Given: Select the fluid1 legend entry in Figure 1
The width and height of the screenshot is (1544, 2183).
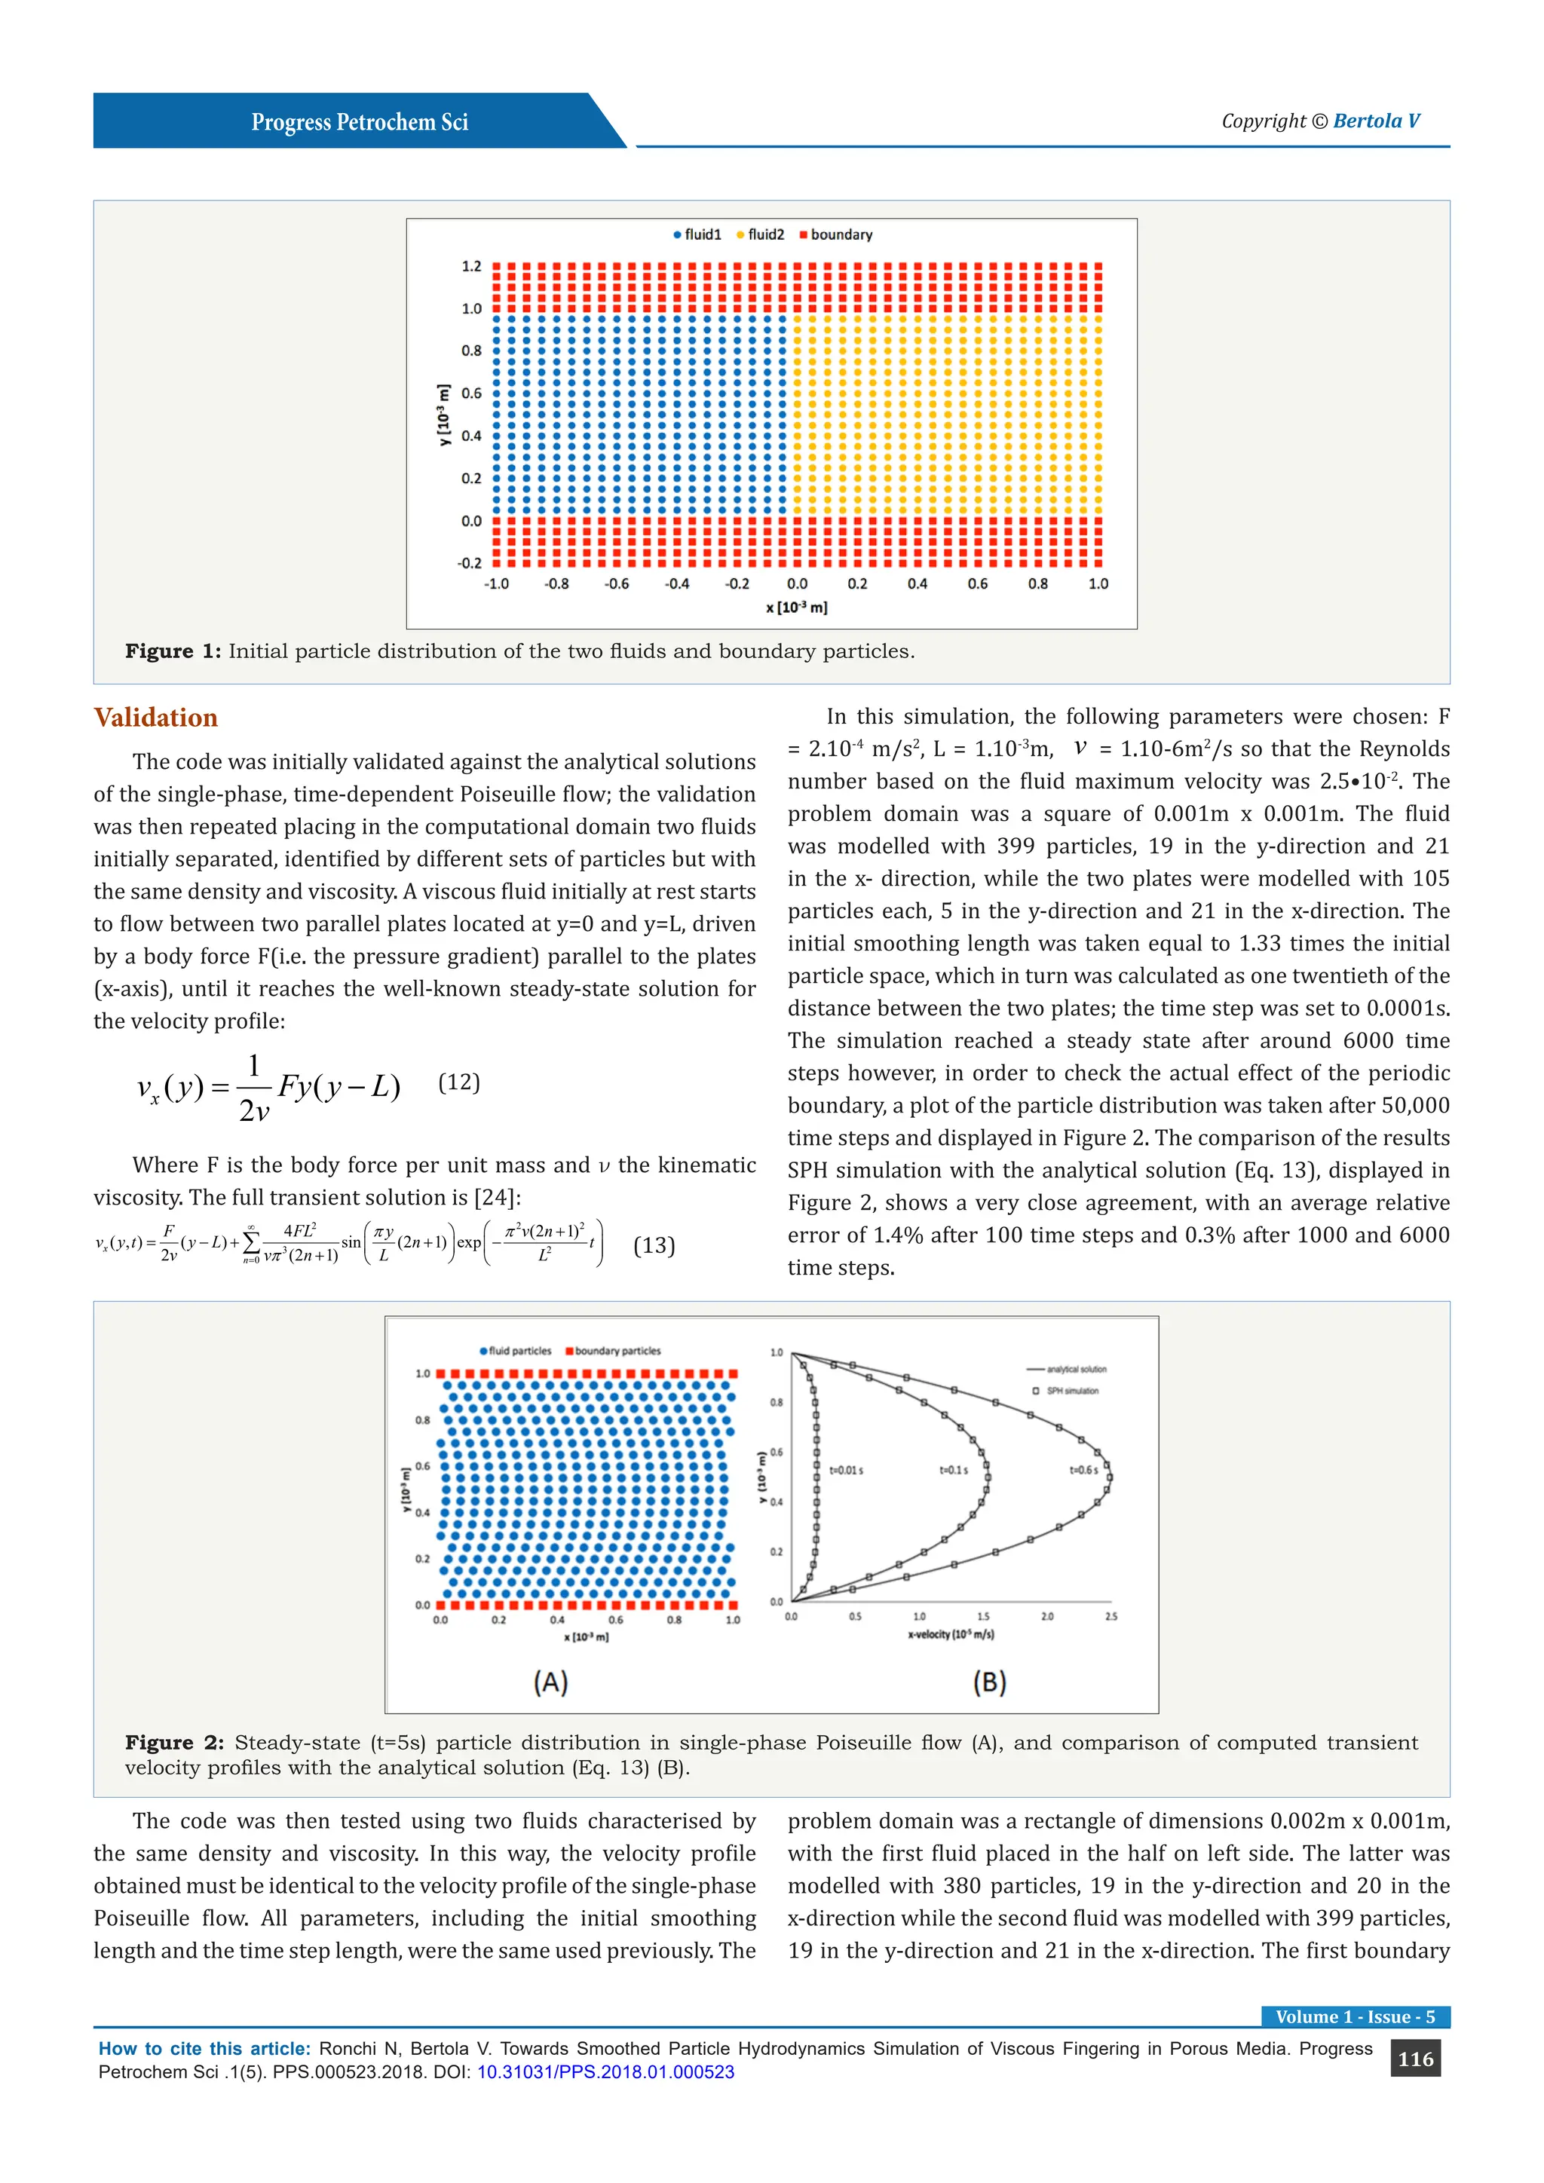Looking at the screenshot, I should click(698, 235).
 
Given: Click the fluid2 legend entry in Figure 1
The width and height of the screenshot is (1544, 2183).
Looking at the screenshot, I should click(761, 235).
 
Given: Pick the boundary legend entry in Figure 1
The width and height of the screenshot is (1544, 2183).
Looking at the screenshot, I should click(837, 235).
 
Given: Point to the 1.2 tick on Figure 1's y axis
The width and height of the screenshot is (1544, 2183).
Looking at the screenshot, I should click(471, 266).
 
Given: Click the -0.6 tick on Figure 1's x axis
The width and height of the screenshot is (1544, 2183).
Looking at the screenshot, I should click(617, 583).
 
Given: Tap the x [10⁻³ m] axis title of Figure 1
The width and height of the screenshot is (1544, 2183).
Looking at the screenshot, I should click(797, 608).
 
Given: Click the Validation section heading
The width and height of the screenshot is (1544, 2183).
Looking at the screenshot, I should click(155, 718).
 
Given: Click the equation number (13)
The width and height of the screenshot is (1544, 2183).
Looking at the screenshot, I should click(654, 1245).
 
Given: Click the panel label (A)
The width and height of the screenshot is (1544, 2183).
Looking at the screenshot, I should click(550, 1683).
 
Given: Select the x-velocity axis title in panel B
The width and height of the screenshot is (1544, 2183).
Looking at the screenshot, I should click(951, 1634).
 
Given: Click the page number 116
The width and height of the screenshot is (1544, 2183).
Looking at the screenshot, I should click(1414, 2059).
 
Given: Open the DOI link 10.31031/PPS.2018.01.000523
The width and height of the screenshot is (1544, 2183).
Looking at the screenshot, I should click(605, 2071).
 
